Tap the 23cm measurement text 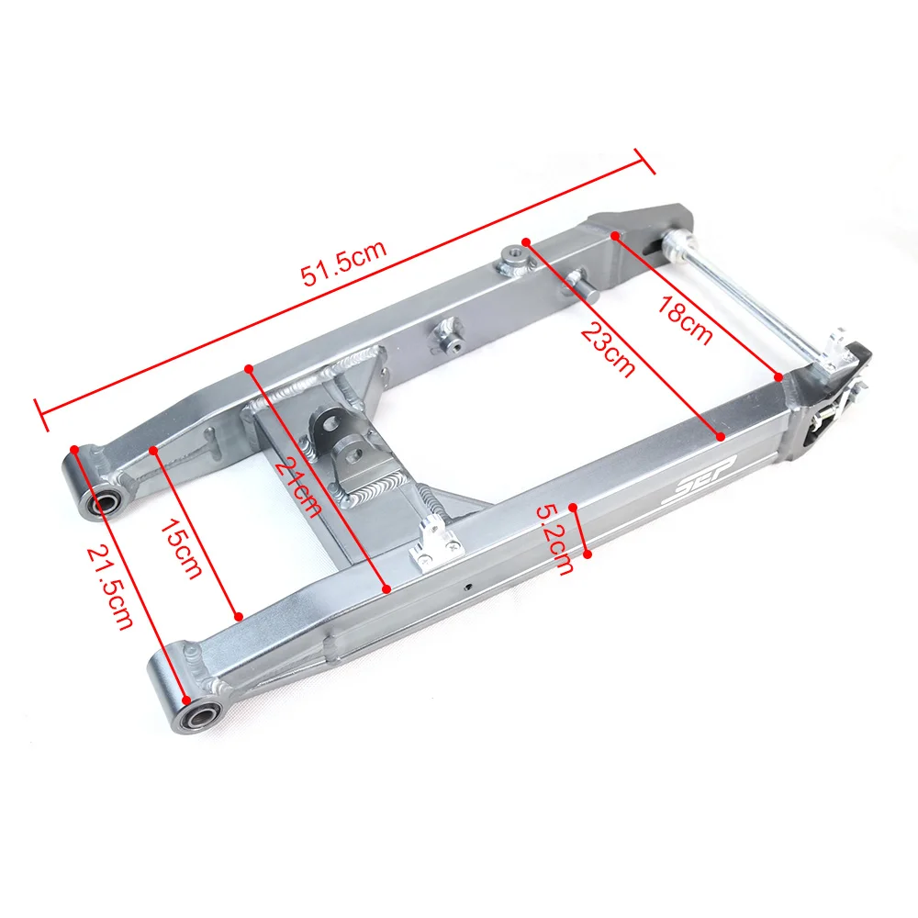click(607, 348)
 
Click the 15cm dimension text click(180, 549)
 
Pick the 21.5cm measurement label click(109, 588)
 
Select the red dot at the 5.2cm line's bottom click(588, 554)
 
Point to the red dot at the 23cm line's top click(527, 241)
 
